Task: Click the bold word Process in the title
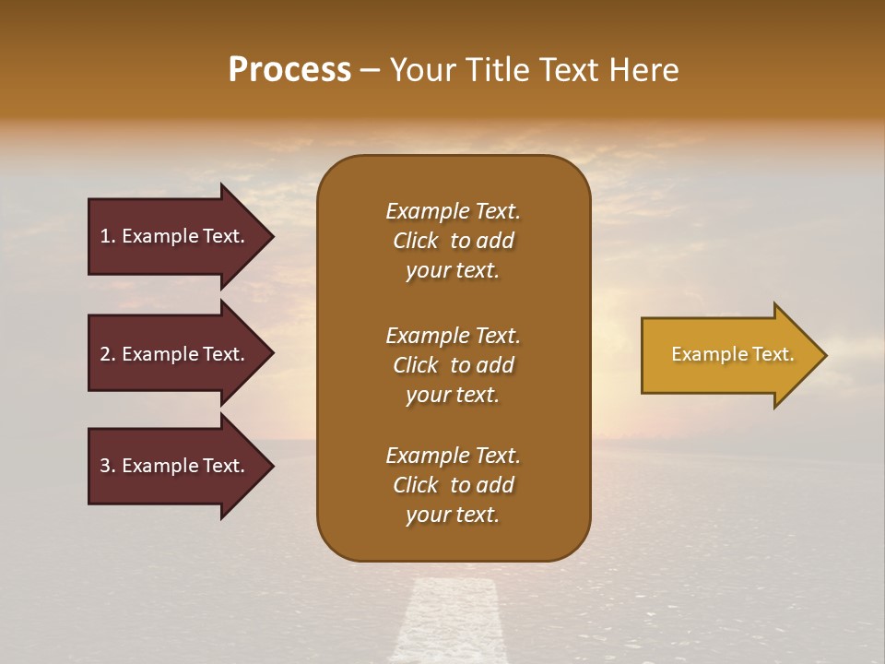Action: [x=289, y=70]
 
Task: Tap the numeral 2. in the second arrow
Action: [x=108, y=354]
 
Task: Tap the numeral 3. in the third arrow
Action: [x=108, y=466]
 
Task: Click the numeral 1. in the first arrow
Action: [x=108, y=236]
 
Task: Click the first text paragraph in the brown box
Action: [x=453, y=241]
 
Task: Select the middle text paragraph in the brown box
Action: [x=453, y=365]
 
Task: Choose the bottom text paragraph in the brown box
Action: [x=453, y=485]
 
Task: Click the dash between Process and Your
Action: [x=370, y=71]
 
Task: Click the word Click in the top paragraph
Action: [x=416, y=241]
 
